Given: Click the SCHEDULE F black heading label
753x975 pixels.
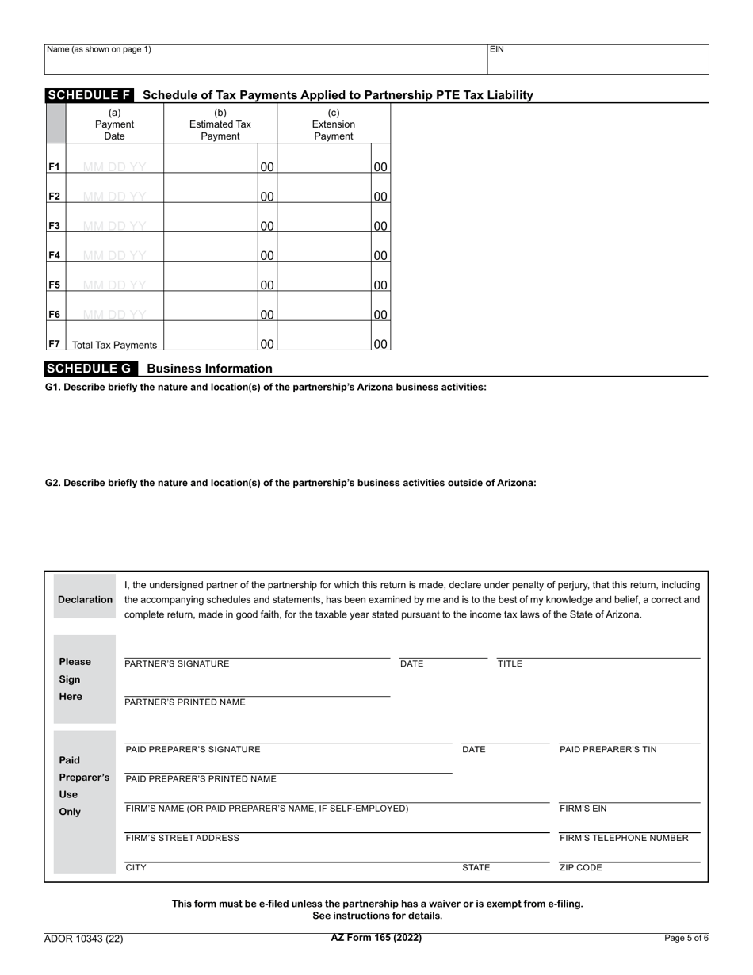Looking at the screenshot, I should [x=90, y=95].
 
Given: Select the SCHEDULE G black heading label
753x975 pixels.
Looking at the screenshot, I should [x=90, y=369].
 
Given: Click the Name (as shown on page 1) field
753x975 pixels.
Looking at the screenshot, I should [x=266, y=59].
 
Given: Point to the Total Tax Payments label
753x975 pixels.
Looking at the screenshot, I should [x=114, y=345].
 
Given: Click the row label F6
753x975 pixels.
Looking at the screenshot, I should [x=55, y=315].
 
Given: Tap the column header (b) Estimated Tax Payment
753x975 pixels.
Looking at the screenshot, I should [x=220, y=124].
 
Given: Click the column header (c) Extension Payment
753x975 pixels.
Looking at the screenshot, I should [x=333, y=124].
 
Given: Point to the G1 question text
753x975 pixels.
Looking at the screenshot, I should [x=266, y=388].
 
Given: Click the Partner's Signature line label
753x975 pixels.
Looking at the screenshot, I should [x=177, y=664].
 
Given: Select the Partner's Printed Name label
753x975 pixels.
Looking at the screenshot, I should [x=185, y=702].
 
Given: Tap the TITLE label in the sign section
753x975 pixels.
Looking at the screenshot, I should [x=510, y=664].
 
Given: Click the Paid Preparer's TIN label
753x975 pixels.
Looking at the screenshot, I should [x=608, y=750].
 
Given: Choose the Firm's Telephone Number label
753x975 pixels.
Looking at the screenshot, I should [x=624, y=839].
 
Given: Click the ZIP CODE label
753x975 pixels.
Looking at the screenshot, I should [x=581, y=868].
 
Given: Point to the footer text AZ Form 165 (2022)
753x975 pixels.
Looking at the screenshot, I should [x=376, y=938].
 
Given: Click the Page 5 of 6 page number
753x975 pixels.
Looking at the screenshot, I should [x=686, y=939].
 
